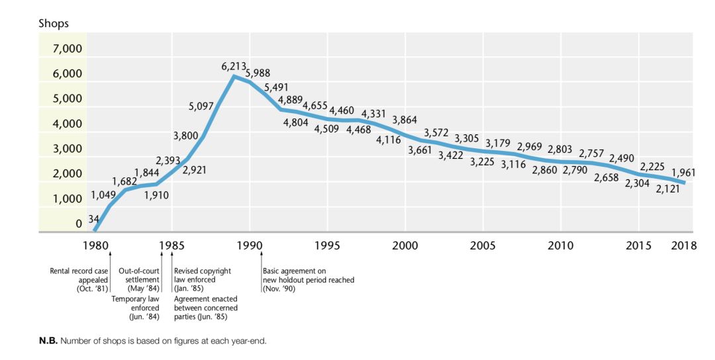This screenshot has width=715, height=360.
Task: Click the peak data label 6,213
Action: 234,67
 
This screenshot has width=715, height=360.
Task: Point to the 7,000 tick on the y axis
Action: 68,48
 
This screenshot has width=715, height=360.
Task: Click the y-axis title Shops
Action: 53,24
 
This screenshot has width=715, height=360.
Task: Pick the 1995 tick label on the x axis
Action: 327,246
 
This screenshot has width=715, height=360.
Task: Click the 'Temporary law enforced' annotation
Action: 135,308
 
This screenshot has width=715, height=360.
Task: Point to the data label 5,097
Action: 201,106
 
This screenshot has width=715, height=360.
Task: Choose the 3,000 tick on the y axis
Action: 68,149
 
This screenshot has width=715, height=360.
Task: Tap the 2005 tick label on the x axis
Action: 483,246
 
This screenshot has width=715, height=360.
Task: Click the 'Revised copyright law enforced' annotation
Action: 202,280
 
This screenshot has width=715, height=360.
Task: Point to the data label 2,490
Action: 622,158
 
